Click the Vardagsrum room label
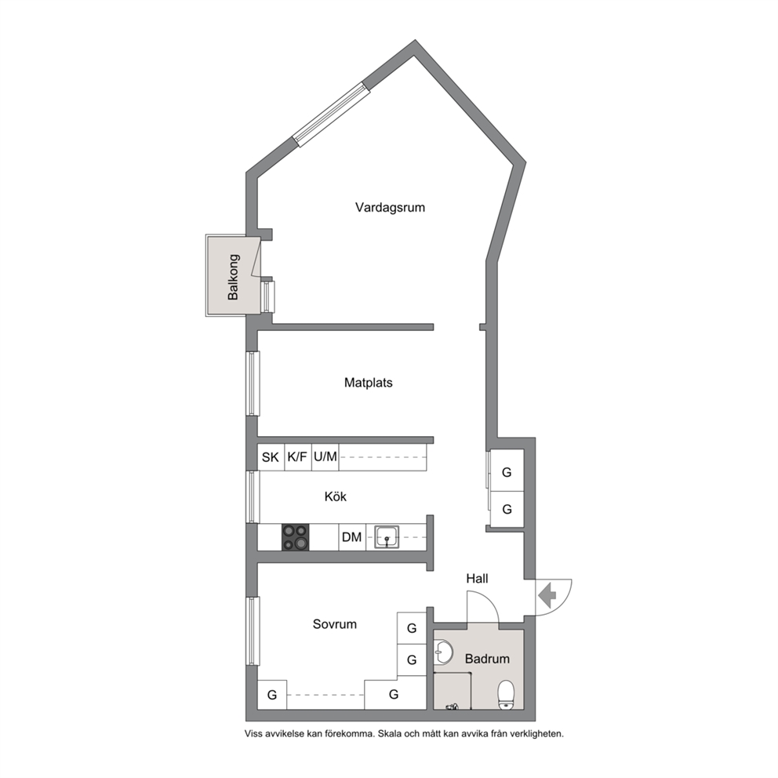(390, 207)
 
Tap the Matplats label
(368, 383)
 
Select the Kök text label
(336, 496)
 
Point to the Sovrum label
(334, 623)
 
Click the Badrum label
(487, 659)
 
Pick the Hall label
(477, 578)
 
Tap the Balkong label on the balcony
(233, 277)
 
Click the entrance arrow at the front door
(547, 596)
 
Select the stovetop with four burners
(295, 537)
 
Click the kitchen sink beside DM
(387, 537)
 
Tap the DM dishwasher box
(352, 537)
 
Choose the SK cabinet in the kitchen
(271, 457)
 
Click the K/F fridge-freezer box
(298, 457)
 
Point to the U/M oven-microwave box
(325, 457)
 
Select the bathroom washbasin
(442, 652)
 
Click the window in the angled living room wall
(331, 115)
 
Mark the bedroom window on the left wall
(253, 631)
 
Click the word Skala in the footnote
(390, 733)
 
